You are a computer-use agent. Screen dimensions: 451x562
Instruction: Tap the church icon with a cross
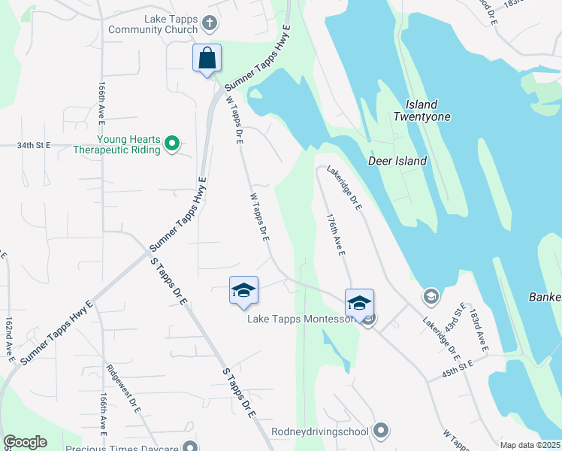(x=210, y=24)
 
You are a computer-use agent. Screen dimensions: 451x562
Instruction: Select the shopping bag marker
(x=207, y=59)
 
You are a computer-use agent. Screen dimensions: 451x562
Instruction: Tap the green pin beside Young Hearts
(x=172, y=142)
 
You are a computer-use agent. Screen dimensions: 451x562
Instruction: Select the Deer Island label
(x=397, y=161)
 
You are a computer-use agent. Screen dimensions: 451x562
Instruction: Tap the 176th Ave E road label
(x=334, y=235)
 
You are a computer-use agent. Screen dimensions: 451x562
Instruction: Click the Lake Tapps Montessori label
(x=302, y=319)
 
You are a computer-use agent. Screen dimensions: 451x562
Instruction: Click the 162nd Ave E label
(x=10, y=339)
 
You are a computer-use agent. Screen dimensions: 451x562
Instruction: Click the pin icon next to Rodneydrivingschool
(x=381, y=431)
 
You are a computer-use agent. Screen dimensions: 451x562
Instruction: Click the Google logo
(x=25, y=442)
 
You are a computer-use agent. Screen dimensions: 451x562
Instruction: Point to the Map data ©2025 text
(x=530, y=445)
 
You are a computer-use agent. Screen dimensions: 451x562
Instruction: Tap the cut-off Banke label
(x=545, y=296)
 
